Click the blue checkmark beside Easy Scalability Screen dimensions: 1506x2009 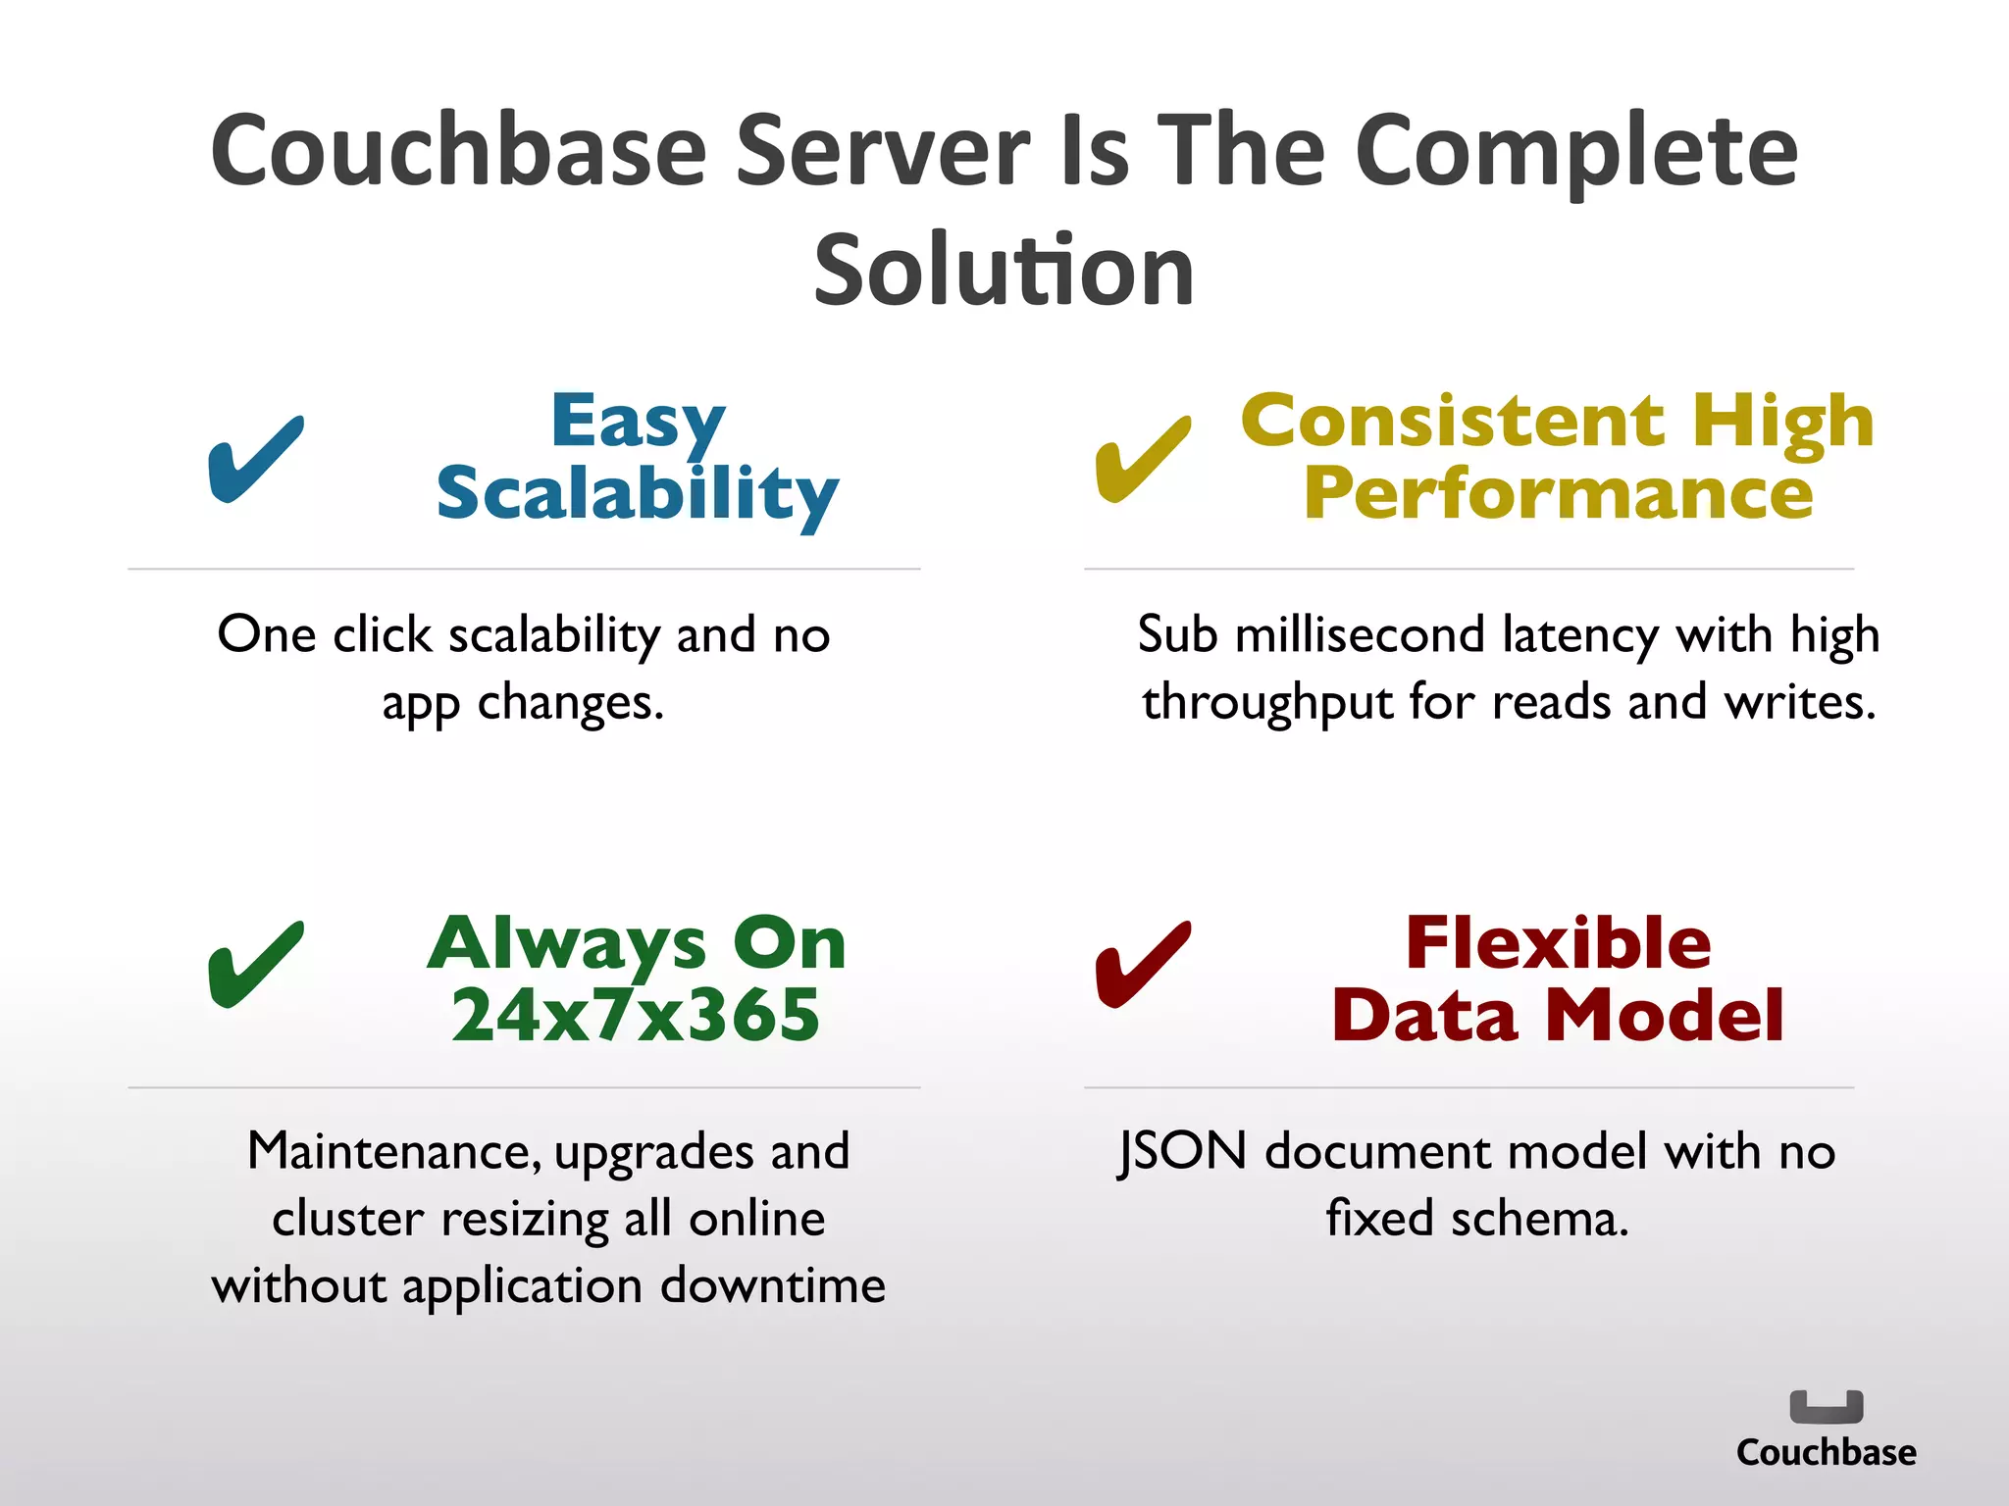(x=255, y=459)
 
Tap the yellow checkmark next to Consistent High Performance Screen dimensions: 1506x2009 (x=1142, y=459)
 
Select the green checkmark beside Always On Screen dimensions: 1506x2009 (x=255, y=965)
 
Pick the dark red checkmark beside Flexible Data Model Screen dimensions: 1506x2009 (x=1142, y=965)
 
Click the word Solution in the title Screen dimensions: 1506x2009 (x=1004, y=271)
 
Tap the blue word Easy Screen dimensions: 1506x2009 (x=638, y=422)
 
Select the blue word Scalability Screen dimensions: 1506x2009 (x=638, y=494)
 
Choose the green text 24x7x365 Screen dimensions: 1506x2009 (x=636, y=1016)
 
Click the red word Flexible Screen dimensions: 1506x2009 (x=1558, y=943)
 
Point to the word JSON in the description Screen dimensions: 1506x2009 (x=1182, y=1151)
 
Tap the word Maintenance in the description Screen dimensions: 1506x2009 (x=392, y=1151)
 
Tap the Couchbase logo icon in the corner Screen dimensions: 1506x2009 (x=1826, y=1407)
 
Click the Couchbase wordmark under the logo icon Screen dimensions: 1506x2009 (x=1826, y=1452)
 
